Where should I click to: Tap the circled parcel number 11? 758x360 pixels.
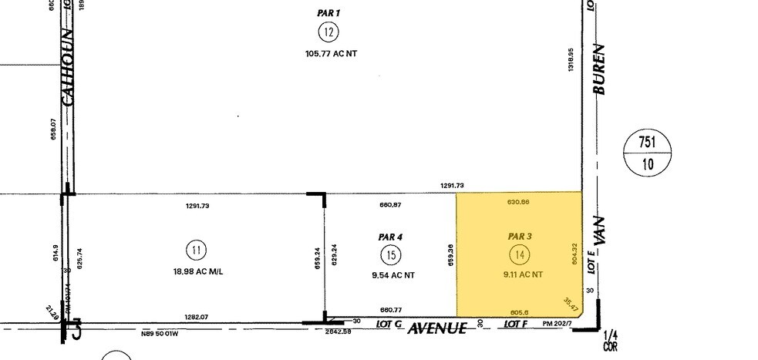197,251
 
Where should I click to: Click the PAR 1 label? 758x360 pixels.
328,13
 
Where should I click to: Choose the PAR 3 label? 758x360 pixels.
520,235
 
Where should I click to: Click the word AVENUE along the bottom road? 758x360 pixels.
437,328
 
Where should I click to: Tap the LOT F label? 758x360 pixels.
515,325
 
